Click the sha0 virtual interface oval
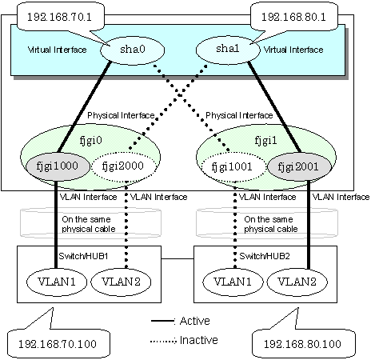(x=132, y=50)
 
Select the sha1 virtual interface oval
(x=228, y=50)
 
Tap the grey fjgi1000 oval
(x=58, y=166)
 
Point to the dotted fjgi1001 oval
(x=233, y=167)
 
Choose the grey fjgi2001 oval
(x=299, y=167)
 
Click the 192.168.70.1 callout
(x=60, y=18)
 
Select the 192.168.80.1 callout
(x=294, y=18)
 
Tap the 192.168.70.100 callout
(x=58, y=343)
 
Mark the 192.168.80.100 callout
(x=303, y=343)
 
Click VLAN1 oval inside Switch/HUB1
(x=57, y=282)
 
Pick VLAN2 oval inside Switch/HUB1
(x=121, y=282)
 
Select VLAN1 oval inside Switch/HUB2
(x=233, y=282)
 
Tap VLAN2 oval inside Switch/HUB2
(x=297, y=282)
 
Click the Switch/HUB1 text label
(x=83, y=256)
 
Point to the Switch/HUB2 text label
(x=265, y=256)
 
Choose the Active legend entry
(x=181, y=321)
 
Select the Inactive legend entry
(x=184, y=340)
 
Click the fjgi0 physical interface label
(x=91, y=141)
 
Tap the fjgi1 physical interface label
(x=265, y=141)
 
